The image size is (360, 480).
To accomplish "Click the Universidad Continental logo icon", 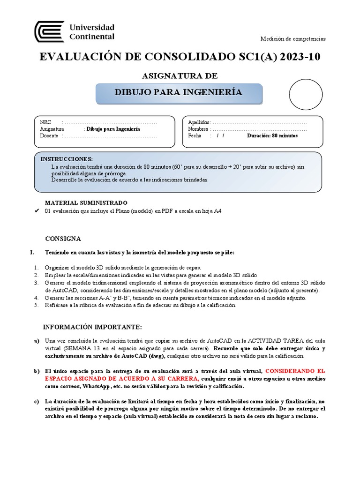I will pyautogui.click(x=49, y=31).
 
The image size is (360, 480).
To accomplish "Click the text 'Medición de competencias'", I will pyautogui.click(x=293, y=39).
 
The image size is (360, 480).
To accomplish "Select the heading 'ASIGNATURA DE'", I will pyautogui.click(x=180, y=76).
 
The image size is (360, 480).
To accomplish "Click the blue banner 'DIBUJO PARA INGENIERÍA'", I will pyautogui.click(x=179, y=92).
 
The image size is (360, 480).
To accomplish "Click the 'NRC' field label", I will pyautogui.click(x=45, y=122).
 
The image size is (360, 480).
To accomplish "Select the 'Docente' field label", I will pyautogui.click(x=49, y=136).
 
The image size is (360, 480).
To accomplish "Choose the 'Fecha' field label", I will pyautogui.click(x=195, y=136).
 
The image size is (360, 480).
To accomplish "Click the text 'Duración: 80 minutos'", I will pyautogui.click(x=272, y=136).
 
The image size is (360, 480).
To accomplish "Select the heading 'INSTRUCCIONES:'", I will pyautogui.click(x=67, y=159).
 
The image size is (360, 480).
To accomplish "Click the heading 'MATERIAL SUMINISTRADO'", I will pyautogui.click(x=86, y=202).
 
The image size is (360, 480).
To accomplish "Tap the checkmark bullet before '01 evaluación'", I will pyautogui.click(x=37, y=211).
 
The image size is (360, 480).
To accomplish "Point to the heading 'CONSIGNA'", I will pyautogui.click(x=63, y=239).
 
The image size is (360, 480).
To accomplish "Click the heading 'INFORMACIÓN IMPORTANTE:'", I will pyautogui.click(x=92, y=327).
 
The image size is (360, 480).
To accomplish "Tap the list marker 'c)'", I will pyautogui.click(x=36, y=402).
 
